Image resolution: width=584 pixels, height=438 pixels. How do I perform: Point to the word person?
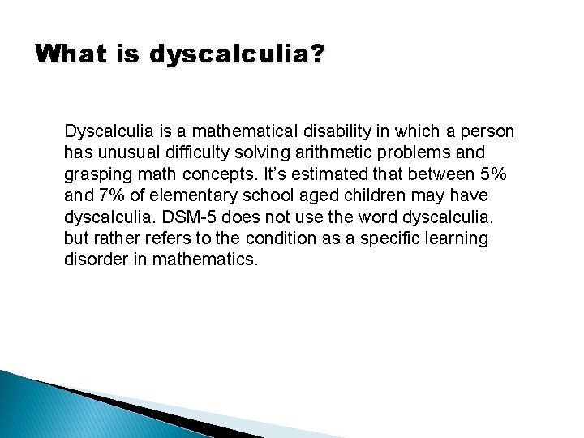click(487, 131)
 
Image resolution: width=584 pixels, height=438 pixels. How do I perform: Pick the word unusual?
click(124, 152)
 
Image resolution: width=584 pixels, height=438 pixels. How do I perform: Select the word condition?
click(314, 238)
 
